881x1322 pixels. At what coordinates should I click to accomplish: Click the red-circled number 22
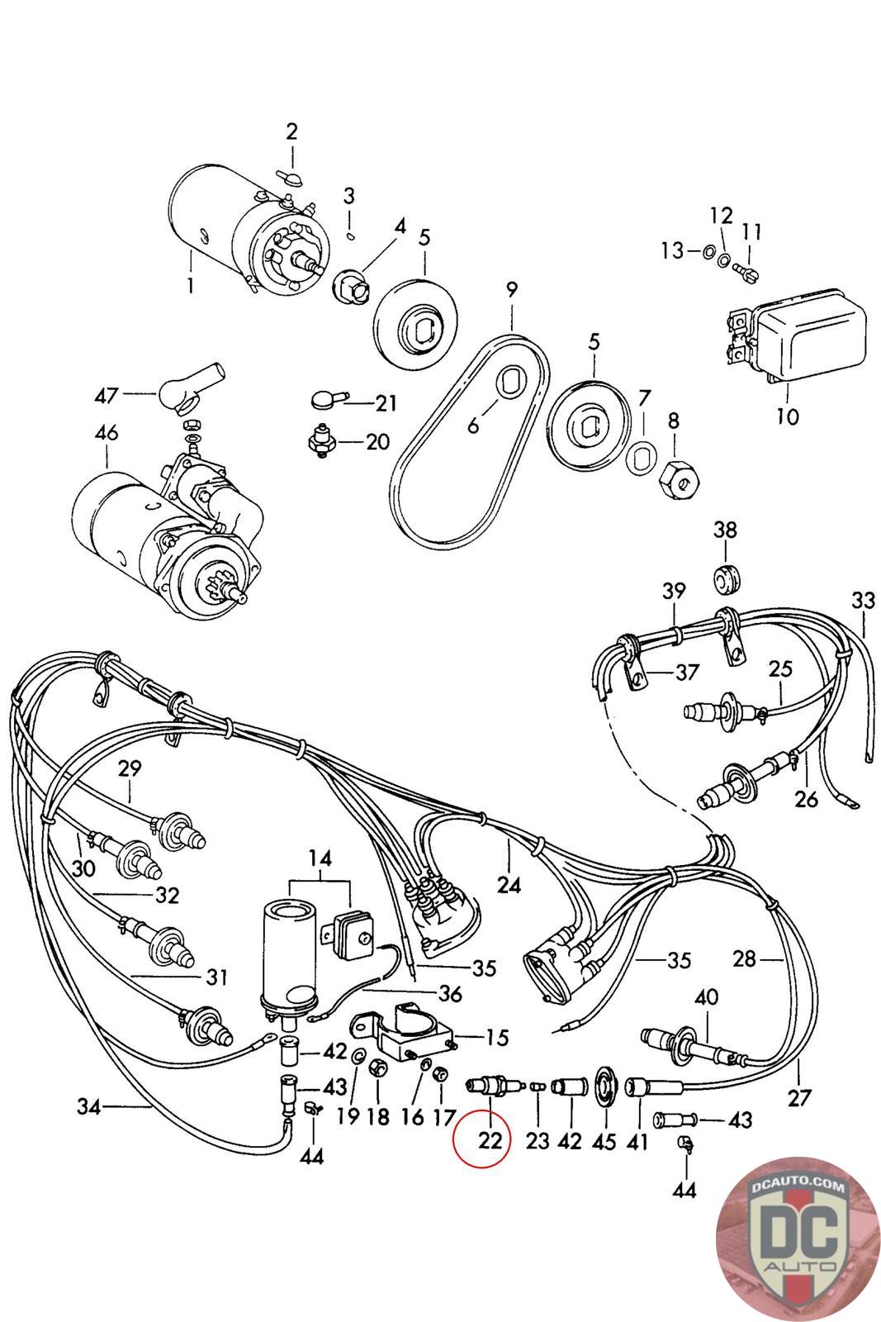pyautogui.click(x=490, y=1140)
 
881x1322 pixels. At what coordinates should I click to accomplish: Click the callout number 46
pyautogui.click(x=107, y=432)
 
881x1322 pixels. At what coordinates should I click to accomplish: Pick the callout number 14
pyautogui.click(x=320, y=858)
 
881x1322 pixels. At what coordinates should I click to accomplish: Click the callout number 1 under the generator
pyautogui.click(x=191, y=286)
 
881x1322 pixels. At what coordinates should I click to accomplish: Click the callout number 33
pyautogui.click(x=862, y=601)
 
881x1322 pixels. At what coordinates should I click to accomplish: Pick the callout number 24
pyautogui.click(x=509, y=885)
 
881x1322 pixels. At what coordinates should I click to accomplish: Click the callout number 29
pyautogui.click(x=130, y=768)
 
